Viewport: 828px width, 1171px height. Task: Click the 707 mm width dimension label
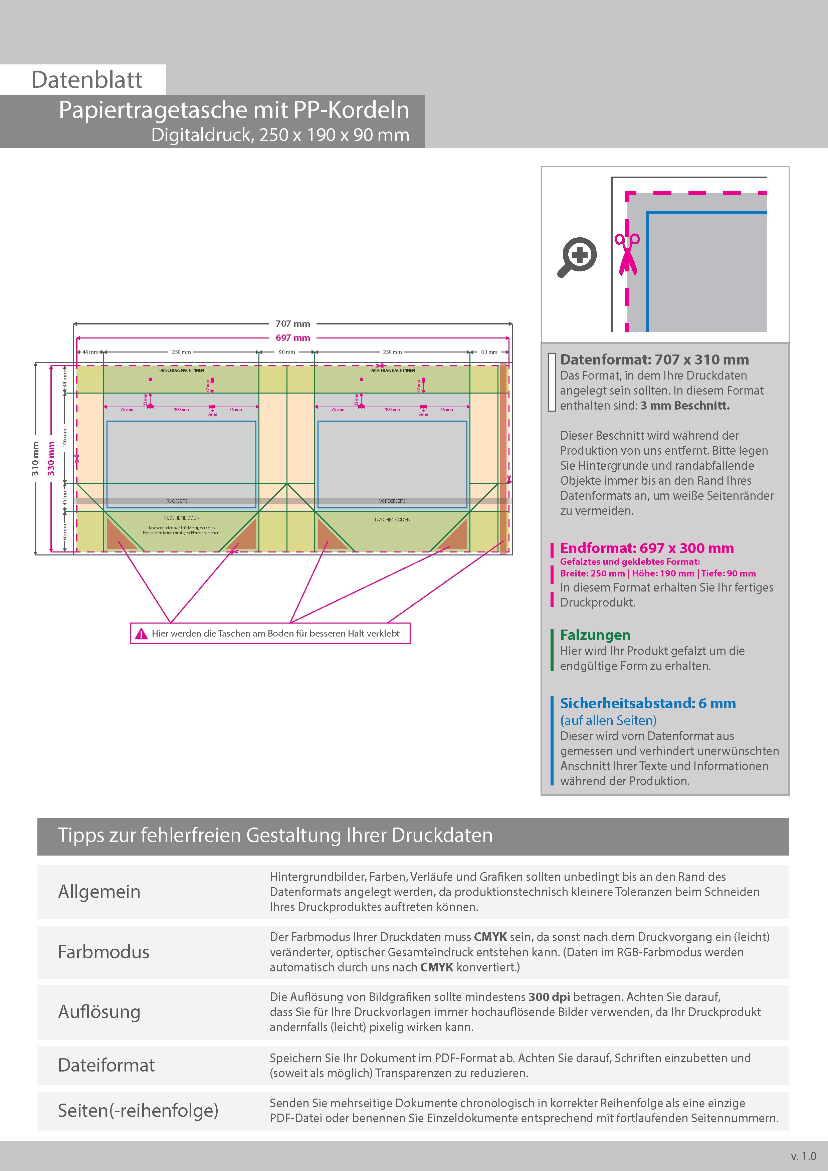click(x=292, y=324)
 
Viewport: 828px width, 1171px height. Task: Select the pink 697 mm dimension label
click(x=292, y=337)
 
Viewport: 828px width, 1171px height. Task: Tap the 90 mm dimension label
click(x=287, y=352)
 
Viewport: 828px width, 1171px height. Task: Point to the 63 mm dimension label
click(x=489, y=352)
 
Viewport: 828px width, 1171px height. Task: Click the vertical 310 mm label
click(x=35, y=459)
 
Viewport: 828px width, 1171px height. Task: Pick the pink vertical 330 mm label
click(x=51, y=459)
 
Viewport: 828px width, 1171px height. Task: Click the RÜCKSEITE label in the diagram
click(x=177, y=501)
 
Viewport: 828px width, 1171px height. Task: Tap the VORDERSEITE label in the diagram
click(x=392, y=501)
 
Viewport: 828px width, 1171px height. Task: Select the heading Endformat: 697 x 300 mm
click(x=646, y=548)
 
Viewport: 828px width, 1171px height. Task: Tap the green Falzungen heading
click(x=595, y=635)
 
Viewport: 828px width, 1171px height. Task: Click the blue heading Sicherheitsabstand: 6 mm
click(x=647, y=703)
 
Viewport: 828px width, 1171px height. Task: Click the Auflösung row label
click(x=99, y=1012)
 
